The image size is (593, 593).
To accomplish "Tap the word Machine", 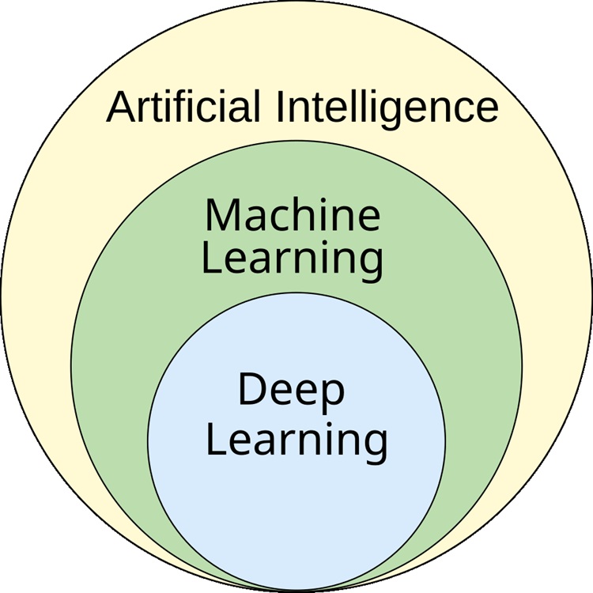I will click(293, 214).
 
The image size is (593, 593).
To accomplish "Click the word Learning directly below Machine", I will click(293, 259).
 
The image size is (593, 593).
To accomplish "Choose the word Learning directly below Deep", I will click(296, 441).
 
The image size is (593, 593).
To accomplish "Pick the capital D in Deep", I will click(251, 391).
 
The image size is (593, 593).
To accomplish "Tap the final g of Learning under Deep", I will click(375, 445).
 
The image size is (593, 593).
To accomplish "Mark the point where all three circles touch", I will click(296, 591).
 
